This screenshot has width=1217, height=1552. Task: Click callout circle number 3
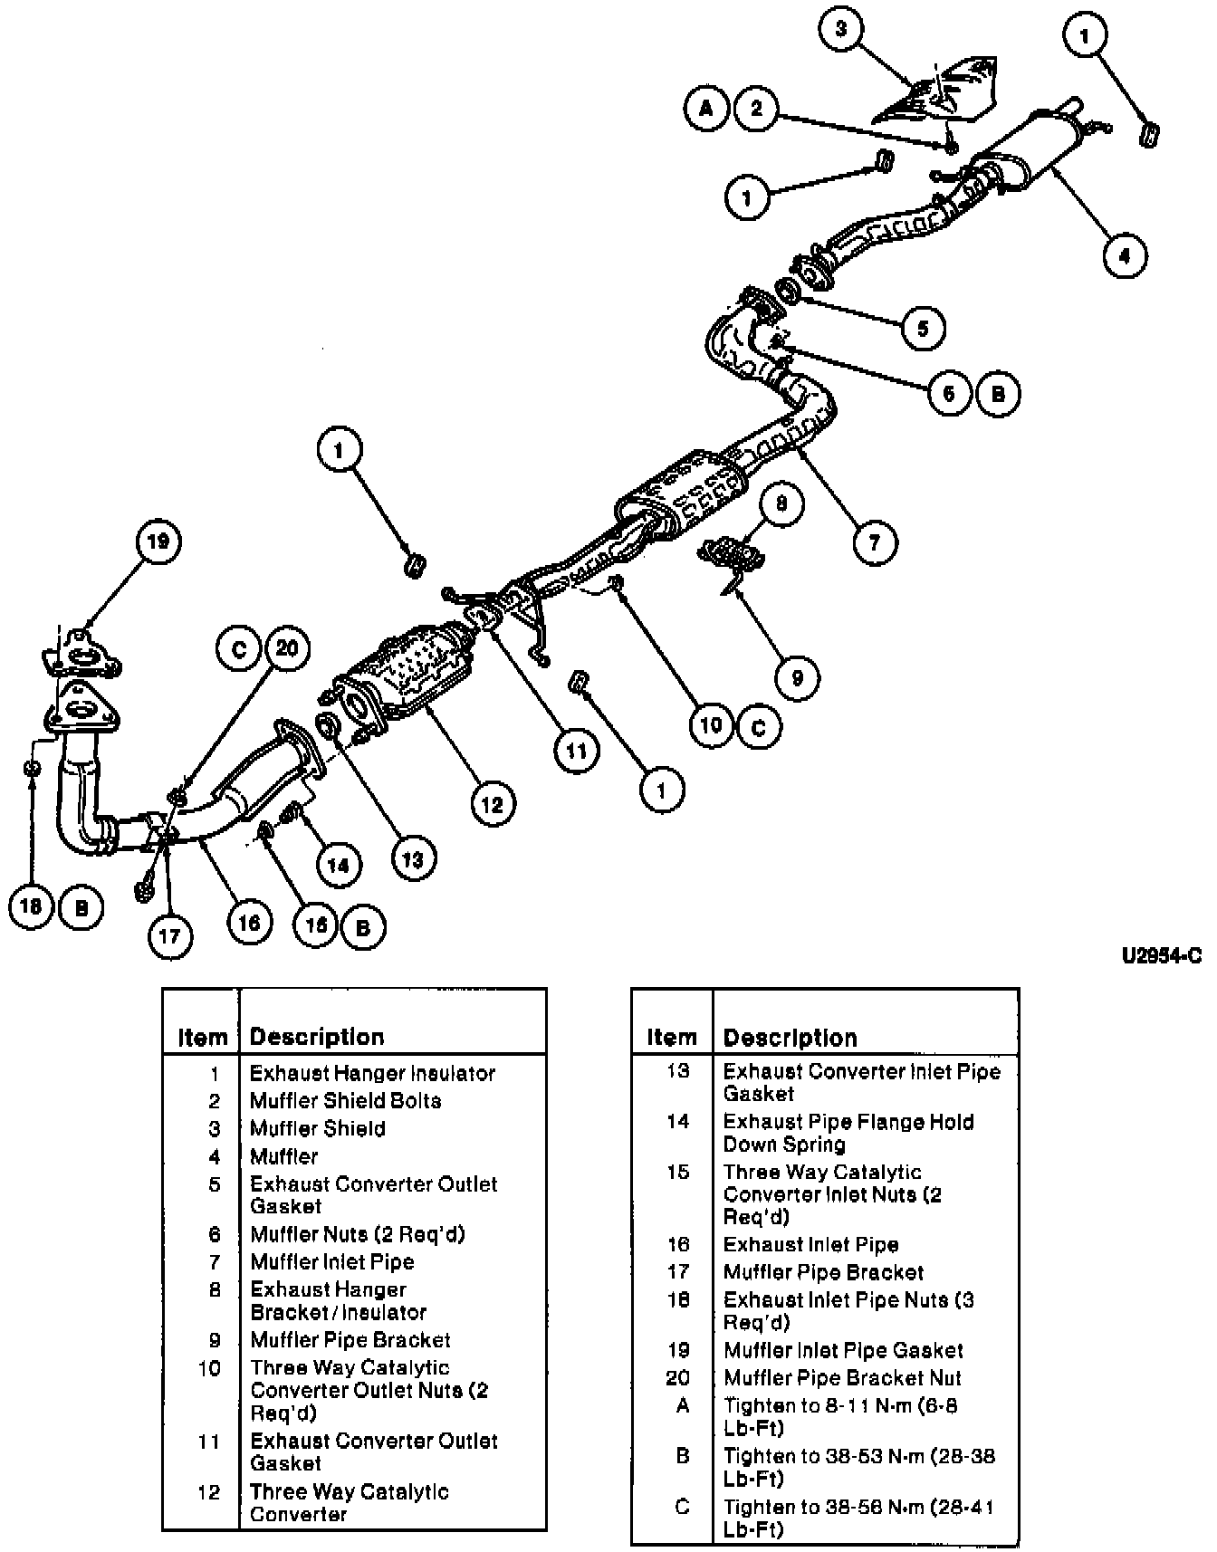(x=841, y=29)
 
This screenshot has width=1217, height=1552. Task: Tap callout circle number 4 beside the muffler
(x=1124, y=256)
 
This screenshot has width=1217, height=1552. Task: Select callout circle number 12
(x=492, y=803)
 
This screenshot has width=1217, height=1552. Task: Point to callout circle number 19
(x=158, y=542)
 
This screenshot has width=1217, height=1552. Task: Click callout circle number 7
(x=874, y=542)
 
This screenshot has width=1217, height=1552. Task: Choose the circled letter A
(x=707, y=110)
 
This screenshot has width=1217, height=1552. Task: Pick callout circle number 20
(x=287, y=648)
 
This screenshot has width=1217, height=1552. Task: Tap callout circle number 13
(x=413, y=858)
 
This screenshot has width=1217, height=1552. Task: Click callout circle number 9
(x=797, y=677)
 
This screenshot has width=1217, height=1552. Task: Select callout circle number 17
(x=170, y=934)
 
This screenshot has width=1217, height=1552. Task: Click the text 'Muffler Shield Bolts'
(x=346, y=1101)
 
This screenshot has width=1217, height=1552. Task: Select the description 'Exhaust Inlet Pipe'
(x=810, y=1245)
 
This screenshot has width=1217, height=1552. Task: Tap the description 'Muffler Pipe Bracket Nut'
(x=842, y=1378)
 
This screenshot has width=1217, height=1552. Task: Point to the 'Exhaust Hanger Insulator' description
(x=372, y=1074)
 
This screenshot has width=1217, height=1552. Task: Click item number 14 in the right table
(x=678, y=1122)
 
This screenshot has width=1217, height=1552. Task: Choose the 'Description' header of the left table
(x=317, y=1037)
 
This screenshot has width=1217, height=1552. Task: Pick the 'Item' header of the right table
(x=672, y=1038)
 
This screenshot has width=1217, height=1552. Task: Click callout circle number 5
(x=922, y=327)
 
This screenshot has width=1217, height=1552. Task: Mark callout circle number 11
(x=577, y=750)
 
